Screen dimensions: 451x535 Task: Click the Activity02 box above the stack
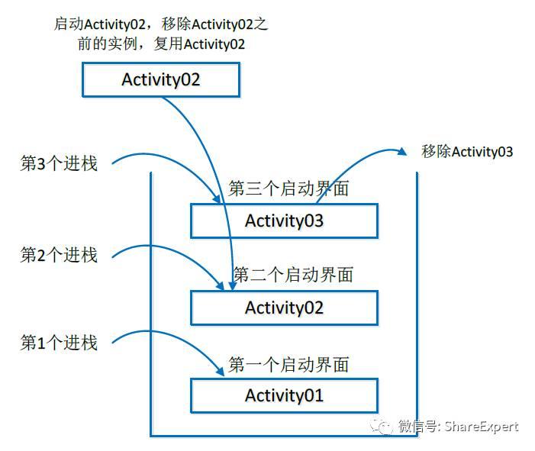[161, 79]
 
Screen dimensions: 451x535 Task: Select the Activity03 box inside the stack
[284, 221]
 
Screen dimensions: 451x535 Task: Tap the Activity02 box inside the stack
[284, 308]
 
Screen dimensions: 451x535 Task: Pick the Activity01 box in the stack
[284, 395]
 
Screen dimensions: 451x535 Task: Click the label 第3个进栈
[59, 163]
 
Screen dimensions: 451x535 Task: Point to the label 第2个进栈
[59, 255]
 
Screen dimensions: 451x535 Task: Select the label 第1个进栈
[59, 343]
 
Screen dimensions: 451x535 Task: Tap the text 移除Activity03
[467, 151]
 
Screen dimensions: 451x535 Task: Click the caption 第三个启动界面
[288, 188]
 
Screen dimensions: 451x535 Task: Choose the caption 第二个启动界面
[293, 275]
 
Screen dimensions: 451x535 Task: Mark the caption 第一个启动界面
[288, 364]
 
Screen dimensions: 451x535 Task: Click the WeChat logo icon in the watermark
[382, 426]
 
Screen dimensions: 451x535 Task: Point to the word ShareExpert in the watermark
[481, 427]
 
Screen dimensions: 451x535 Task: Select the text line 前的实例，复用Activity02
[160, 43]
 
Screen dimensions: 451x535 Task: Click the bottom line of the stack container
[284, 435]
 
